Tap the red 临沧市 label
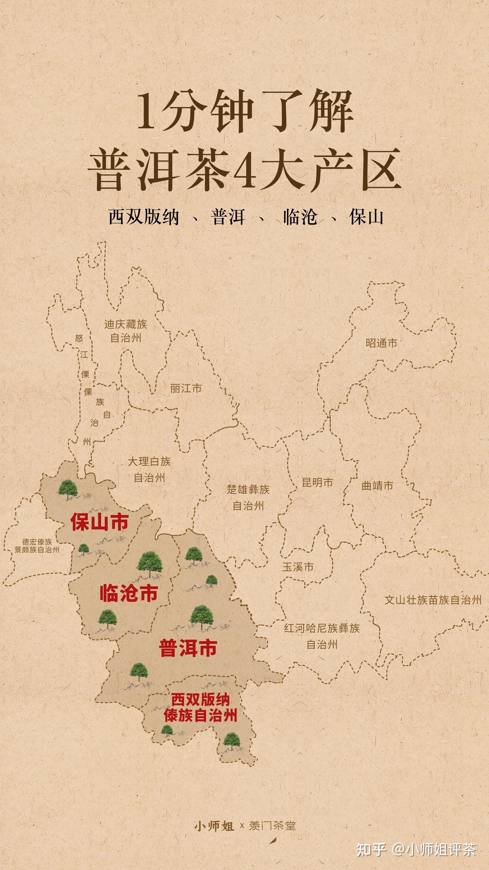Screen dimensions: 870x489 129,593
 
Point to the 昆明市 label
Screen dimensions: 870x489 317,483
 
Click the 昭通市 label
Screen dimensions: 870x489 381,343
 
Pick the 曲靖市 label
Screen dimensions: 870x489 377,486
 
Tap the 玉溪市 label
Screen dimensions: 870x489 298,567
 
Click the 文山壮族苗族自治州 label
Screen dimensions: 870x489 433,600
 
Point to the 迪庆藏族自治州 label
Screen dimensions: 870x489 126,331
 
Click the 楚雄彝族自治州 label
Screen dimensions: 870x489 248,497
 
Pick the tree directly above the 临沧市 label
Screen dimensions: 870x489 150,563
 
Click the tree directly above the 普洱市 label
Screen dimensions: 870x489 201,617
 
